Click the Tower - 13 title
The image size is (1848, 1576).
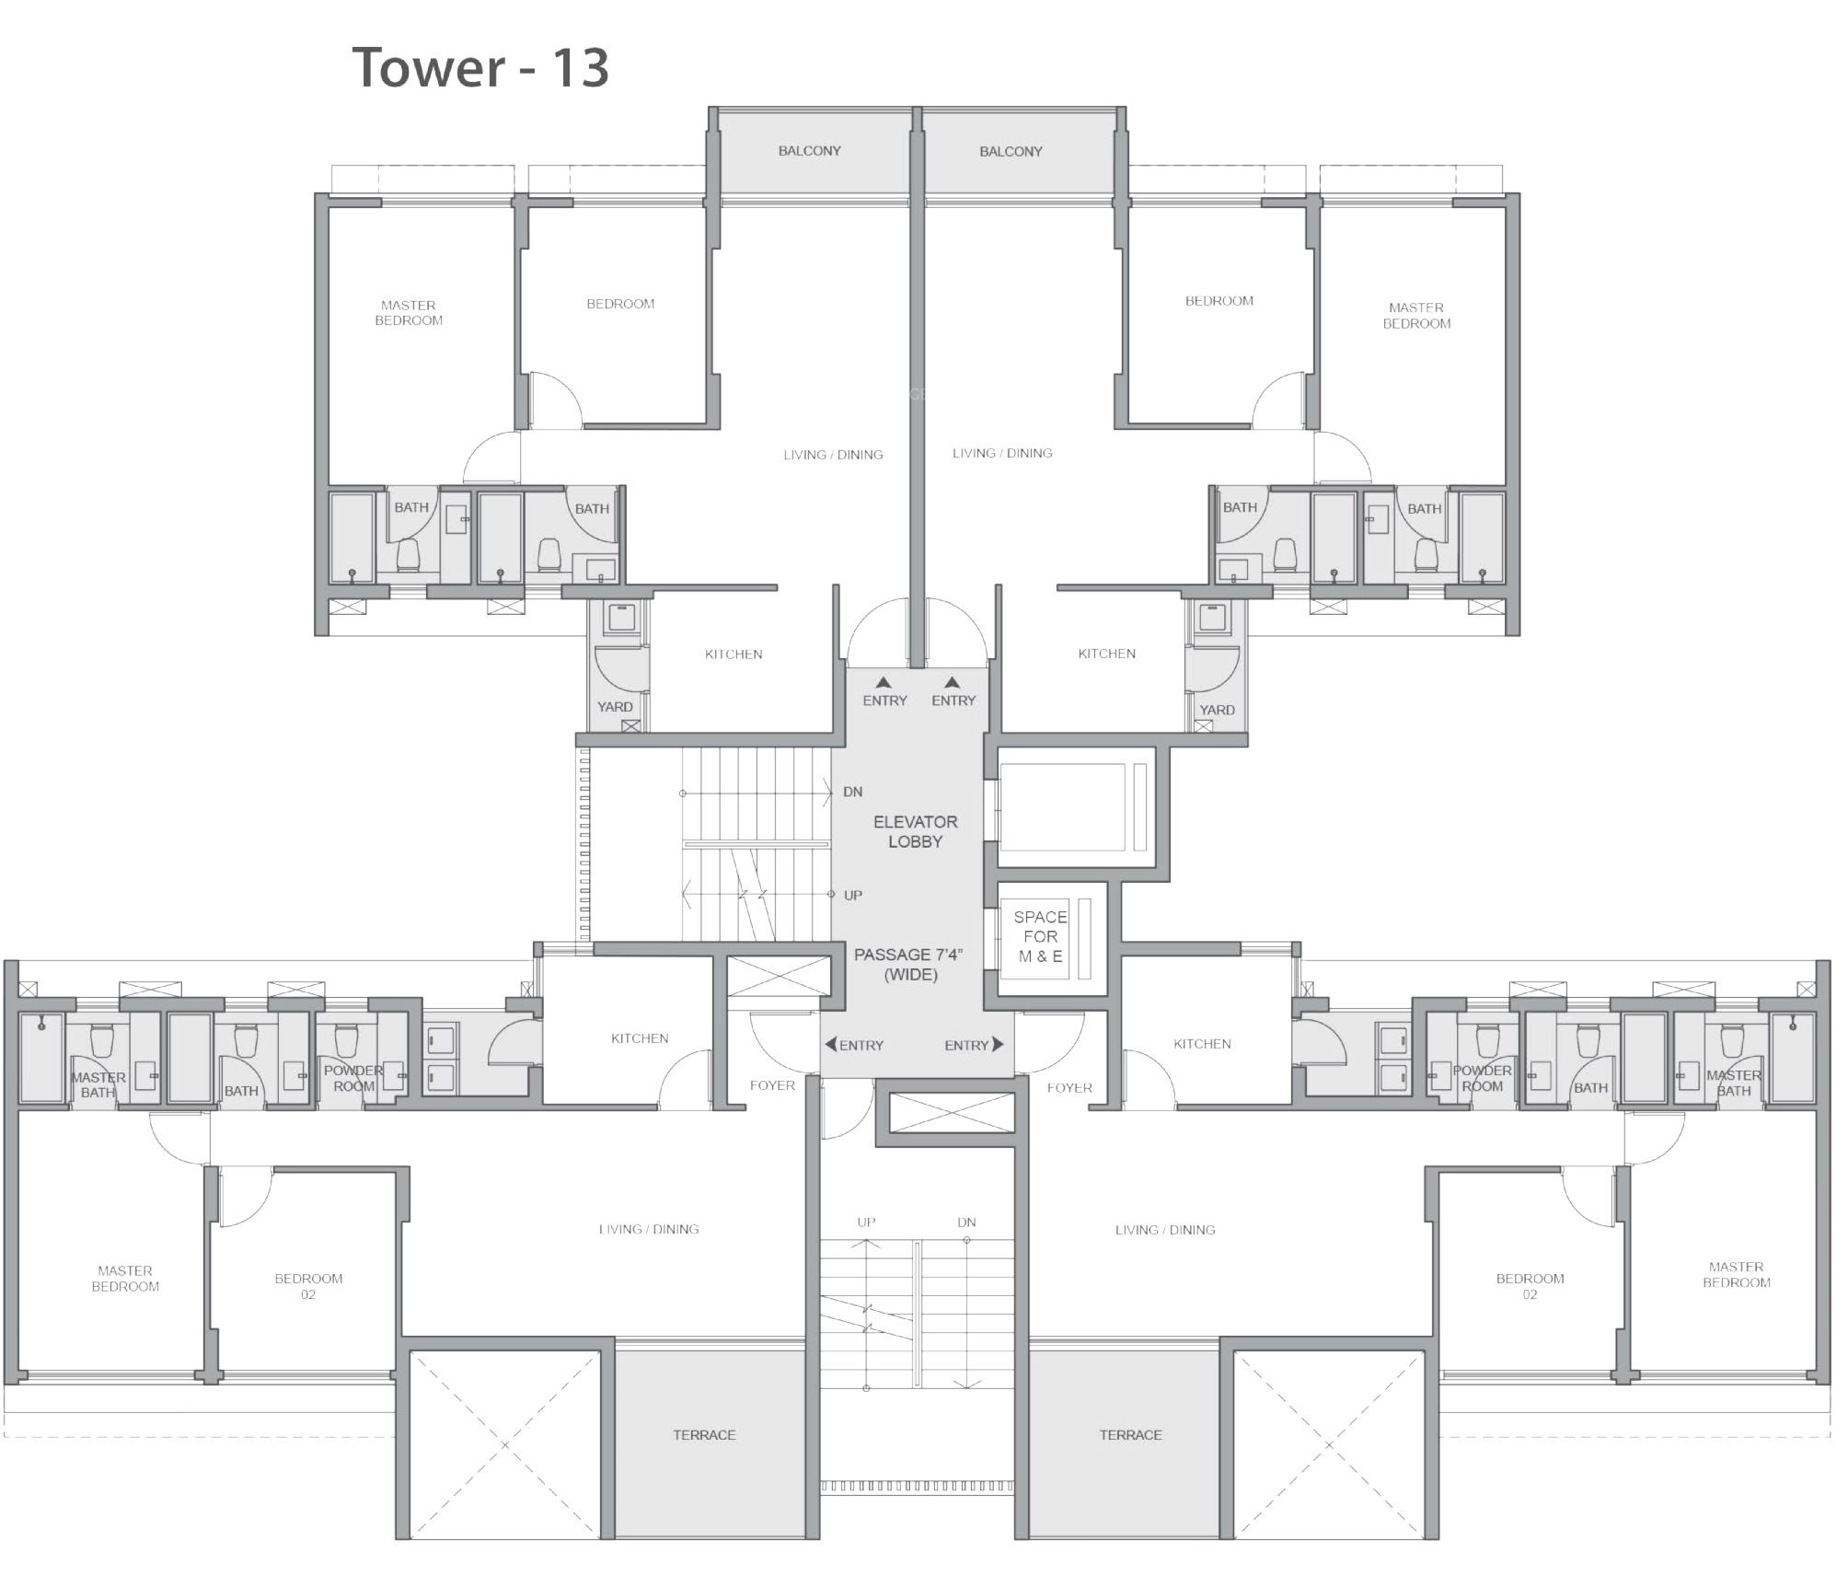tap(480, 67)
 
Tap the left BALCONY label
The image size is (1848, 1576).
tap(810, 151)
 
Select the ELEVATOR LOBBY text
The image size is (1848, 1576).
tap(915, 831)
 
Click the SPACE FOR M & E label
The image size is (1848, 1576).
tap(1040, 936)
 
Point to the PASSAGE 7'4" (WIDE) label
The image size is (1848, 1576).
tap(909, 964)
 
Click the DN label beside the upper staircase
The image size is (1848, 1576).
tap(853, 792)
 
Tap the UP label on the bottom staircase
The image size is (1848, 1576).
tap(866, 1223)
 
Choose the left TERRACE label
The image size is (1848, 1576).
tap(704, 1435)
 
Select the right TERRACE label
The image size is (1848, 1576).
tap(1130, 1435)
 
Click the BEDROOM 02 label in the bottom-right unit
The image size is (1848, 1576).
tap(1530, 1286)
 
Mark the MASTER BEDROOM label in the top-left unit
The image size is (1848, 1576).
tap(409, 313)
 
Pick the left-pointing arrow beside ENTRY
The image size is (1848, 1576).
tap(831, 1044)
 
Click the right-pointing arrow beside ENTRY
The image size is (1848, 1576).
tap(999, 1044)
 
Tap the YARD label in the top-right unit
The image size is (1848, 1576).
tap(1217, 710)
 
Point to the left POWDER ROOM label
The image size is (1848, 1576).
tap(353, 1078)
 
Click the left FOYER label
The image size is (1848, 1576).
tap(772, 1085)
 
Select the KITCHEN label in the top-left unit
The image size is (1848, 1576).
tap(733, 655)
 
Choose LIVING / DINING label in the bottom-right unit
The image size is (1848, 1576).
tap(1165, 1230)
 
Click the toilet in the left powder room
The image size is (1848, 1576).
tap(346, 1039)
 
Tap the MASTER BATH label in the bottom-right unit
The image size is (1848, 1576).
tap(1734, 1083)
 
